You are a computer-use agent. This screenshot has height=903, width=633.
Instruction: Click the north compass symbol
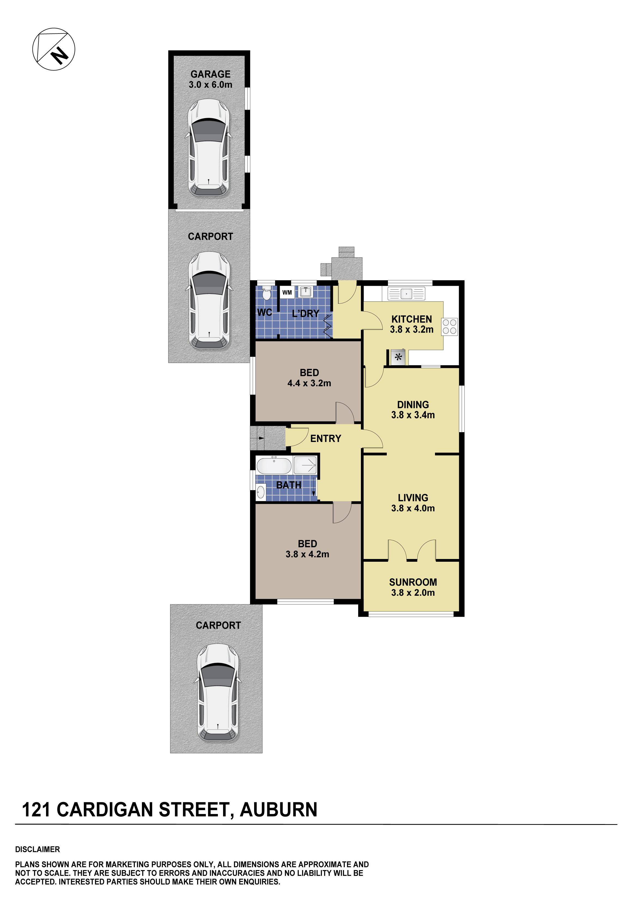click(54, 49)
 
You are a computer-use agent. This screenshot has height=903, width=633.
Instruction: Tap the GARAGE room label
click(210, 74)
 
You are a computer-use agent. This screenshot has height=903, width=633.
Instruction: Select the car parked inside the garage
click(208, 148)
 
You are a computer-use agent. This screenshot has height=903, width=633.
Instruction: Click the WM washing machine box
click(287, 292)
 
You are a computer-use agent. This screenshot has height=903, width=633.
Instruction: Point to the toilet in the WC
click(266, 294)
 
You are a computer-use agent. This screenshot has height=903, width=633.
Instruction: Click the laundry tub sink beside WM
click(306, 292)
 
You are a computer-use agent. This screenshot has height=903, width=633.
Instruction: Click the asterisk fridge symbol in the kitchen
click(399, 357)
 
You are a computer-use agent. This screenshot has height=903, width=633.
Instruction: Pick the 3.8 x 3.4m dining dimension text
click(413, 415)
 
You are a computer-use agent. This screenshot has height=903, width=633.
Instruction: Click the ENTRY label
click(325, 438)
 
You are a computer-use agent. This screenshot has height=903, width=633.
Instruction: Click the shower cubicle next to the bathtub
click(305, 465)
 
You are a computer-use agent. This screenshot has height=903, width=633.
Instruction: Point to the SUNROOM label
click(413, 582)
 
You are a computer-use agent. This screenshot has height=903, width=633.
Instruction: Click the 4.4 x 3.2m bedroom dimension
click(309, 383)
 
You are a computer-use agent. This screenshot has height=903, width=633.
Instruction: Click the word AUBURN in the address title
click(278, 810)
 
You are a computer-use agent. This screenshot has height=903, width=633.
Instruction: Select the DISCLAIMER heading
click(37, 849)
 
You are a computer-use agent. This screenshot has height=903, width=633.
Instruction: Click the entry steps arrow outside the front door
click(261, 438)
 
